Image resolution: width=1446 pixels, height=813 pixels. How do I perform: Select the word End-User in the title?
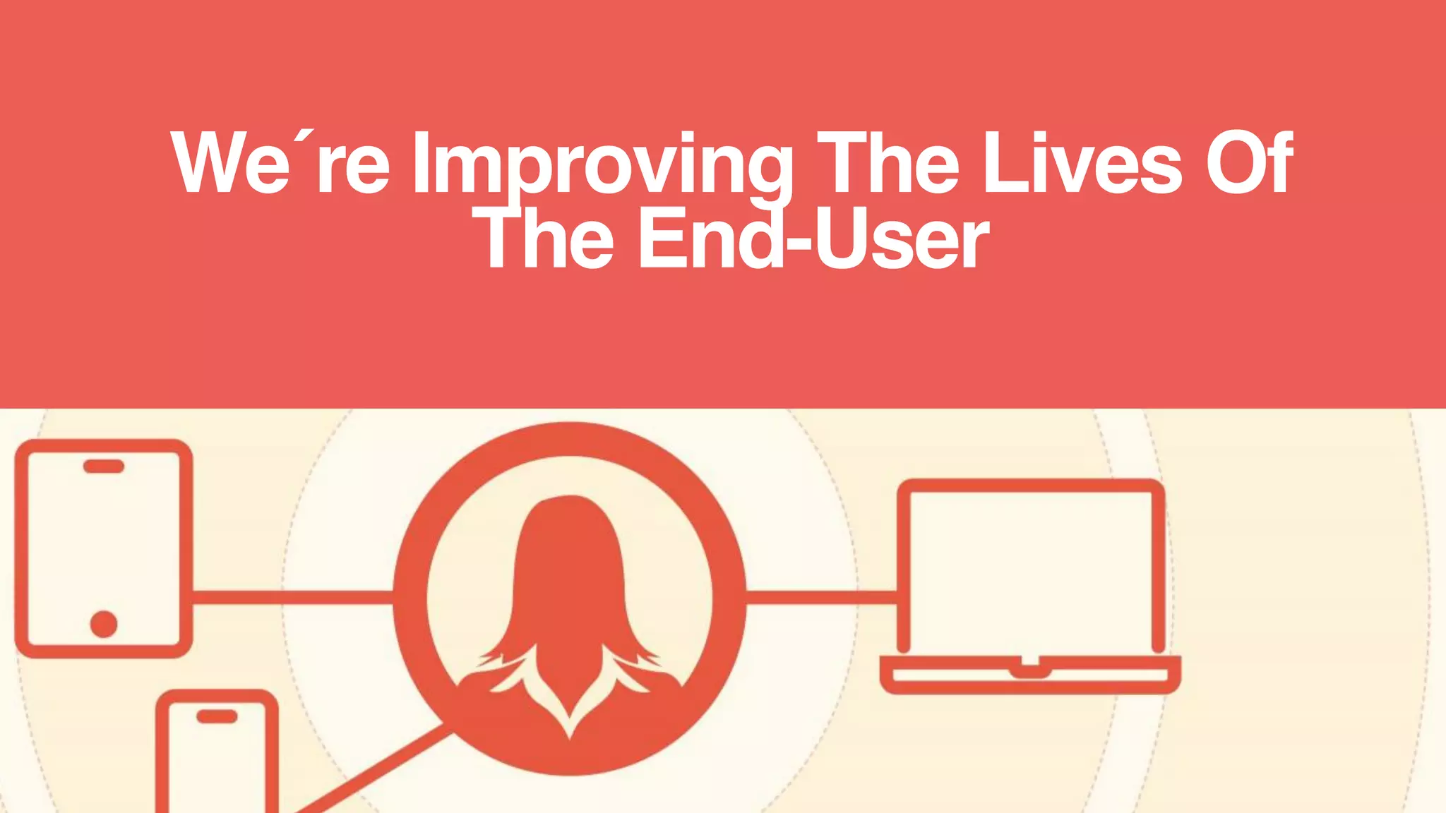click(813, 240)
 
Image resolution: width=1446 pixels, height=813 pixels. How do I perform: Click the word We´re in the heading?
click(280, 164)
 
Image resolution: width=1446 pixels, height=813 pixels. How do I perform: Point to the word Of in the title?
click(1249, 164)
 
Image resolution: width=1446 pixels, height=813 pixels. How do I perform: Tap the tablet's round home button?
click(104, 624)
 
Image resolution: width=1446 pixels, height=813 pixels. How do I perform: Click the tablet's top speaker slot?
click(104, 466)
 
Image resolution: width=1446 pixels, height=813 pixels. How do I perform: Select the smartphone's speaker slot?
click(217, 716)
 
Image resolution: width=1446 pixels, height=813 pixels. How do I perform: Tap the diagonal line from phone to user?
click(367, 773)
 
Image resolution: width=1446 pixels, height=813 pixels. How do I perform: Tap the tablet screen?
click(104, 547)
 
